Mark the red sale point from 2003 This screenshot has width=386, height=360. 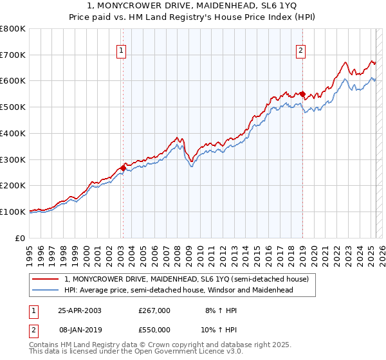[123, 168]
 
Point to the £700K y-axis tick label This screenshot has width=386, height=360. [13, 55]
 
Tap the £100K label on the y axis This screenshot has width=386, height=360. [13, 212]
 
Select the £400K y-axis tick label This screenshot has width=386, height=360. [13, 134]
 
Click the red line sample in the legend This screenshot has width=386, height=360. [46, 279]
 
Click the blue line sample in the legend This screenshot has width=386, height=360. [46, 290]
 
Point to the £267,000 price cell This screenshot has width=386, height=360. [154, 310]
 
